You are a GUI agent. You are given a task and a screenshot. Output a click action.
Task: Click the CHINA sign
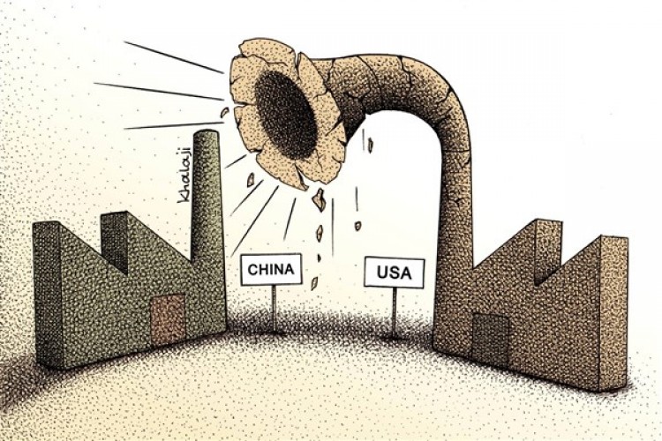click(272, 269)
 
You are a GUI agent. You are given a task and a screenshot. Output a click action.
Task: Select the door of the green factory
click(168, 320)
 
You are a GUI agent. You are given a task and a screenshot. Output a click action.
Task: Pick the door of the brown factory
click(490, 340)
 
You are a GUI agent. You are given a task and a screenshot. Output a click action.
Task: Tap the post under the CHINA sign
click(274, 309)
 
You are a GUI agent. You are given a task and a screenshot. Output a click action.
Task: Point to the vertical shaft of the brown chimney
click(455, 220)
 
